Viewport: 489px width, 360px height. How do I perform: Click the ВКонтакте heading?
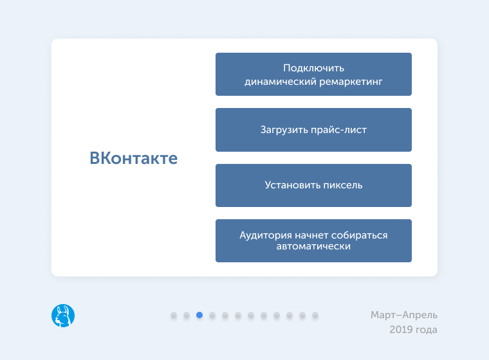133,158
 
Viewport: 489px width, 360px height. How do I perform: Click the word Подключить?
314,68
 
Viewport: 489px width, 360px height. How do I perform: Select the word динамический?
281,82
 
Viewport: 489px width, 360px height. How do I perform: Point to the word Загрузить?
283,130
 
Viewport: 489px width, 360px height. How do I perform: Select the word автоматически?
313,246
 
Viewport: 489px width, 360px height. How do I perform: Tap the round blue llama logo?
63,315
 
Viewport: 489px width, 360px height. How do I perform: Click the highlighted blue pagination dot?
199,315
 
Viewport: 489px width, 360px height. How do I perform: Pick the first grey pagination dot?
174,315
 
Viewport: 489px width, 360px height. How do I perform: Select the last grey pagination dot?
315,315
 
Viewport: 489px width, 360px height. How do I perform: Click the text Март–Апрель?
404,315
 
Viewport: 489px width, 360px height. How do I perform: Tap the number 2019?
401,330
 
